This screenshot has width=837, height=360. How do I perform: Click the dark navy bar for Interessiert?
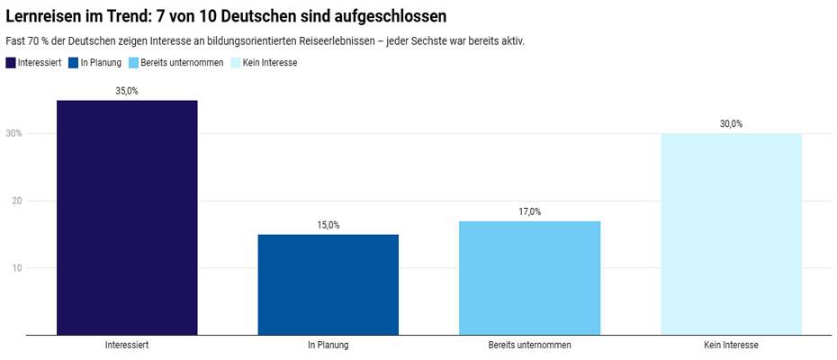[x=127, y=218]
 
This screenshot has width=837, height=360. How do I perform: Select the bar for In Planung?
[x=328, y=284]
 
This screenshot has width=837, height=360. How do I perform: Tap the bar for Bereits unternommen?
[x=529, y=278]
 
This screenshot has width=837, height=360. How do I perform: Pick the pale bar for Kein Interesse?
[x=731, y=234]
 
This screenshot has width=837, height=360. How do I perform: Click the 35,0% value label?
[x=127, y=92]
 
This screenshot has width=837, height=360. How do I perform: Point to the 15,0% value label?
[x=328, y=225]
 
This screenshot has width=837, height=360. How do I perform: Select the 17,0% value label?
[x=529, y=211]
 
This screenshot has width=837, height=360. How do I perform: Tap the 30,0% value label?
[x=731, y=124]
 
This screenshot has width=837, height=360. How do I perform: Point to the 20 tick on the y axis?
[x=16, y=201]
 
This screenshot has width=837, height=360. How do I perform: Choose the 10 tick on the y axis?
[x=16, y=267]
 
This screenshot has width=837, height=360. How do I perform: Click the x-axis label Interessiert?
[x=127, y=345]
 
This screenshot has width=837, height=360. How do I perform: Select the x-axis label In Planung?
[x=328, y=345]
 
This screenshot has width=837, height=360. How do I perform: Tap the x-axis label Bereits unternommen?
[x=529, y=345]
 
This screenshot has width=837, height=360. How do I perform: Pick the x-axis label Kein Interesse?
[x=731, y=345]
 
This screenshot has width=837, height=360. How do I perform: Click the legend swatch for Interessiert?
[x=11, y=63]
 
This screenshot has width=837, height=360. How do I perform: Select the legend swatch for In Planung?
[x=73, y=63]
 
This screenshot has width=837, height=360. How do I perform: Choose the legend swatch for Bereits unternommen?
[x=134, y=63]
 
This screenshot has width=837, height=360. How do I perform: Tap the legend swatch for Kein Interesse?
[x=237, y=63]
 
